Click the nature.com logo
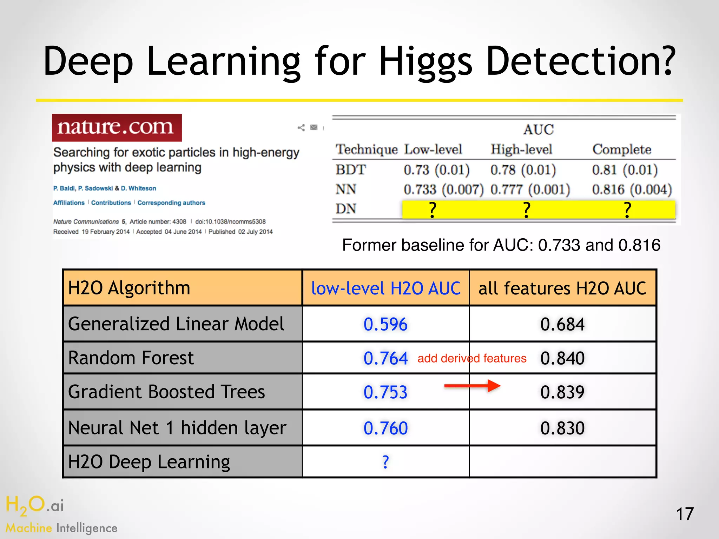tap(117, 127)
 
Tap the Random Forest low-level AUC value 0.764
tap(385, 358)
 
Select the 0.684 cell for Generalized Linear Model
tap(562, 324)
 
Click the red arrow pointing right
tap(472, 386)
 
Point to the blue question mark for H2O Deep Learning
tap(385, 462)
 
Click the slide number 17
tap(685, 514)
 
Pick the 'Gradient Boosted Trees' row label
tap(166, 392)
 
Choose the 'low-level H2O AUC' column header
tap(385, 288)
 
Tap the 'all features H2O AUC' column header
tap(562, 288)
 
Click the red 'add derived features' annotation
tap(472, 358)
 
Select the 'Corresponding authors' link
tap(171, 203)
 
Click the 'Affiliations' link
tap(69, 203)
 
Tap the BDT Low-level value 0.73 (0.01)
tap(436, 170)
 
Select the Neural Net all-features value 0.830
tap(562, 428)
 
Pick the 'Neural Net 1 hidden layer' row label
tap(177, 428)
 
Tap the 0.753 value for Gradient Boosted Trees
tap(385, 392)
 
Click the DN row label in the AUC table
tap(346, 209)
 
